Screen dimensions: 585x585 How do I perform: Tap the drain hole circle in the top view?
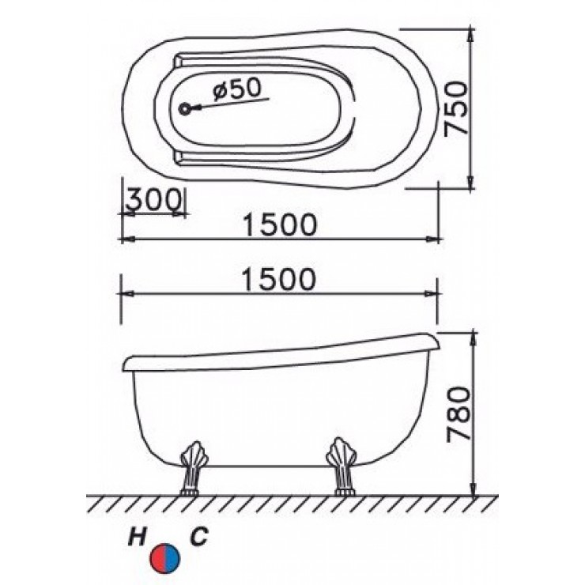point(186,110)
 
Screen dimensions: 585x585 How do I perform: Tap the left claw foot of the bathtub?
point(192,470)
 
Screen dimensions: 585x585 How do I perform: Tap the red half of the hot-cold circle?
point(159,557)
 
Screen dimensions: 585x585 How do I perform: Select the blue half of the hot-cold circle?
point(173,557)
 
